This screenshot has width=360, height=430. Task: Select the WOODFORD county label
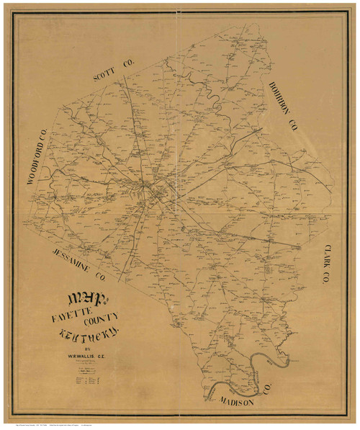point(39,161)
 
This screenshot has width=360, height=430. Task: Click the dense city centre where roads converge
point(153,191)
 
